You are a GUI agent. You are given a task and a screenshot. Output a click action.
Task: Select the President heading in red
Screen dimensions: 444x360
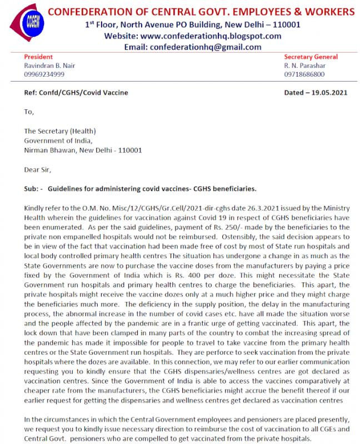click(x=38, y=57)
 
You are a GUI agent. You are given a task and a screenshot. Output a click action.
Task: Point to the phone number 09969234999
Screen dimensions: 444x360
click(x=44, y=74)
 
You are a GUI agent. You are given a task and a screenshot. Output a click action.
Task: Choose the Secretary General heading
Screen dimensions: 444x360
click(x=311, y=57)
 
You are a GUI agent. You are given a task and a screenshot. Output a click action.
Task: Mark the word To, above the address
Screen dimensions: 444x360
click(x=29, y=112)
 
